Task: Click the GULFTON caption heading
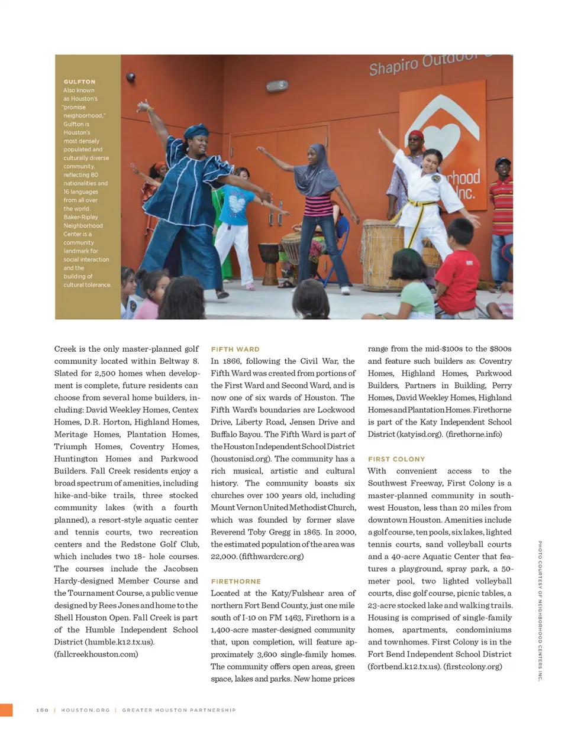tap(79, 82)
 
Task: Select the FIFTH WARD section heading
tap(235, 349)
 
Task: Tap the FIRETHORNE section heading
tap(235, 582)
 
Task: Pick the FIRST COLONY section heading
tap(396, 459)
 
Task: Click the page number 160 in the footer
tap(42, 710)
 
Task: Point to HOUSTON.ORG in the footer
tap(85, 710)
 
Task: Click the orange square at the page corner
tap(6, 710)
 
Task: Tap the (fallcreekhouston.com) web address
tap(96, 654)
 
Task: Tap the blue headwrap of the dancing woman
tap(196, 130)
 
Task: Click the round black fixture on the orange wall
tap(130, 77)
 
